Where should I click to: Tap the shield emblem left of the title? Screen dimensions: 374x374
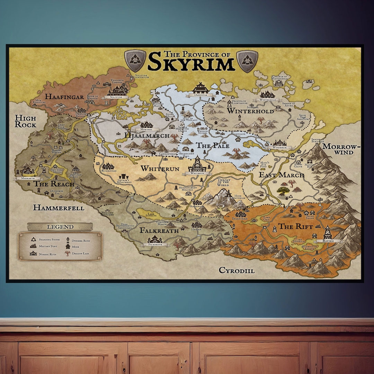tap(135, 61)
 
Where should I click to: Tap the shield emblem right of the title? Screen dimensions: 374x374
tap(247, 61)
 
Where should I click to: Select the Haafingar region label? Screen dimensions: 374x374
tap(64, 97)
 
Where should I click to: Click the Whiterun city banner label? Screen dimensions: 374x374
tap(198, 173)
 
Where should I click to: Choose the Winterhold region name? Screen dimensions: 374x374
tap(250, 111)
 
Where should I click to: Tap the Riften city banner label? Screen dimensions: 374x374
tap(328, 241)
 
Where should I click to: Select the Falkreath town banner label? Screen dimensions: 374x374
tap(155, 244)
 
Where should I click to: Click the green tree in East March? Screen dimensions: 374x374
tap(284, 190)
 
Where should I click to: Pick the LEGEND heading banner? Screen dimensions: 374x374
tap(60, 227)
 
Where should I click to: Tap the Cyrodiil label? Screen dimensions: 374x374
tap(237, 270)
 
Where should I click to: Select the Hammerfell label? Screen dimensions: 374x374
tap(59, 208)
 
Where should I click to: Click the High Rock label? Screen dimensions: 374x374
tap(25, 121)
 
